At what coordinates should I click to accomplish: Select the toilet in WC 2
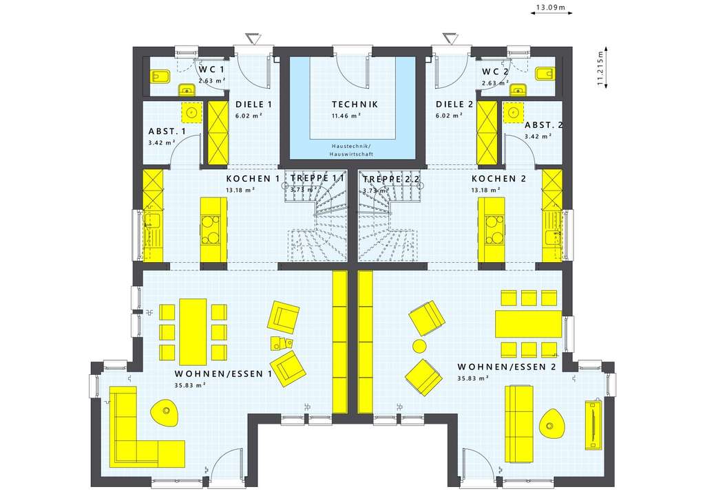[544, 73]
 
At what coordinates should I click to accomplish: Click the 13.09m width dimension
[551, 8]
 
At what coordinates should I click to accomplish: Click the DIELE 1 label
[253, 105]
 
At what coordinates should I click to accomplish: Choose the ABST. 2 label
[544, 125]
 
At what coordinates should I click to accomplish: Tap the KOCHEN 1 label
[253, 179]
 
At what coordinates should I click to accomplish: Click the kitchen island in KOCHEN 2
[492, 230]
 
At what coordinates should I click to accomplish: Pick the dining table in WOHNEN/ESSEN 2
[528, 323]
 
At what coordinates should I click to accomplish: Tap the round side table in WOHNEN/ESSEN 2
[419, 345]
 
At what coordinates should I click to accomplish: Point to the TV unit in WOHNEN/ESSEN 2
[593, 424]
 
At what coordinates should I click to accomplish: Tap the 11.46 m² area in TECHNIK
[346, 116]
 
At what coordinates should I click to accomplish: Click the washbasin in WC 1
[187, 89]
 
